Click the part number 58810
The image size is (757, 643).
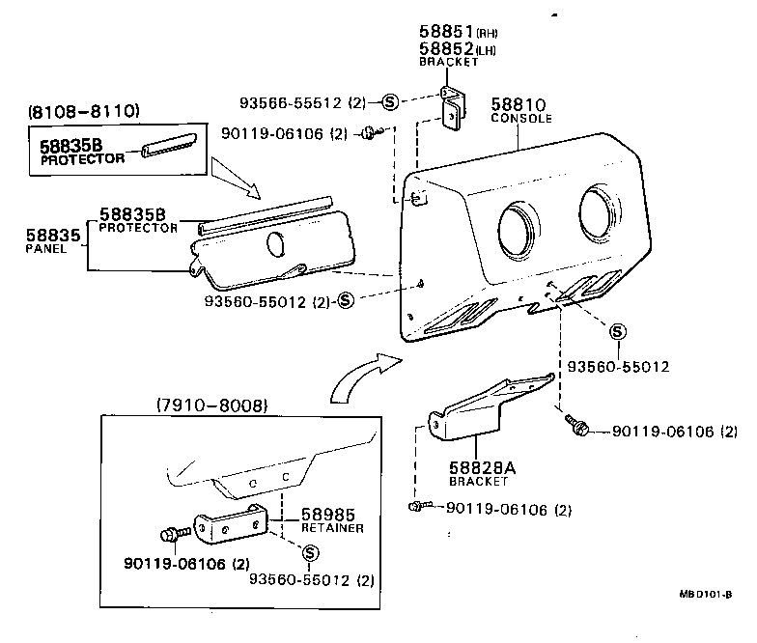click(x=519, y=104)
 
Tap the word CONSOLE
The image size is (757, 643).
click(x=520, y=119)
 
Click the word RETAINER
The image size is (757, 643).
click(x=332, y=528)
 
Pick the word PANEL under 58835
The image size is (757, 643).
click(x=45, y=248)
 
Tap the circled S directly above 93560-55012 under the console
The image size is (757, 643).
click(x=618, y=332)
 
